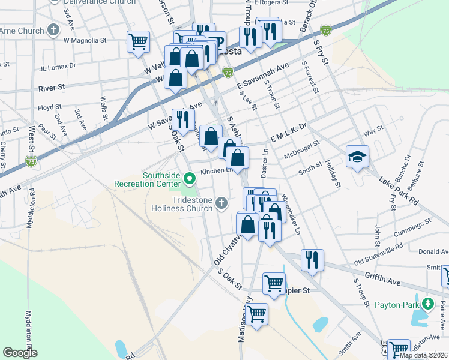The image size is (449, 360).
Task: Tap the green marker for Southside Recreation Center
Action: pyautogui.click(x=190, y=178)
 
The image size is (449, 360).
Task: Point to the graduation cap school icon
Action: pyautogui.click(x=357, y=157)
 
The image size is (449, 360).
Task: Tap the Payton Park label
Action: pyautogui.click(x=396, y=304)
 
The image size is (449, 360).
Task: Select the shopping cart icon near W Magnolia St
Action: pyautogui.click(x=138, y=42)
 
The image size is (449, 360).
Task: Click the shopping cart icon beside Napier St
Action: pyautogui.click(x=274, y=283)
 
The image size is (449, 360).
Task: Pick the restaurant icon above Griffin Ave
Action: pyautogui.click(x=312, y=260)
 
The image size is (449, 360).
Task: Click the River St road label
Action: pyautogui.click(x=51, y=88)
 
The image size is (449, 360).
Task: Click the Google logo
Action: pyautogui.click(x=20, y=353)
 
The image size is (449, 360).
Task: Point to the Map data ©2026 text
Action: pyautogui.click(x=423, y=355)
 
